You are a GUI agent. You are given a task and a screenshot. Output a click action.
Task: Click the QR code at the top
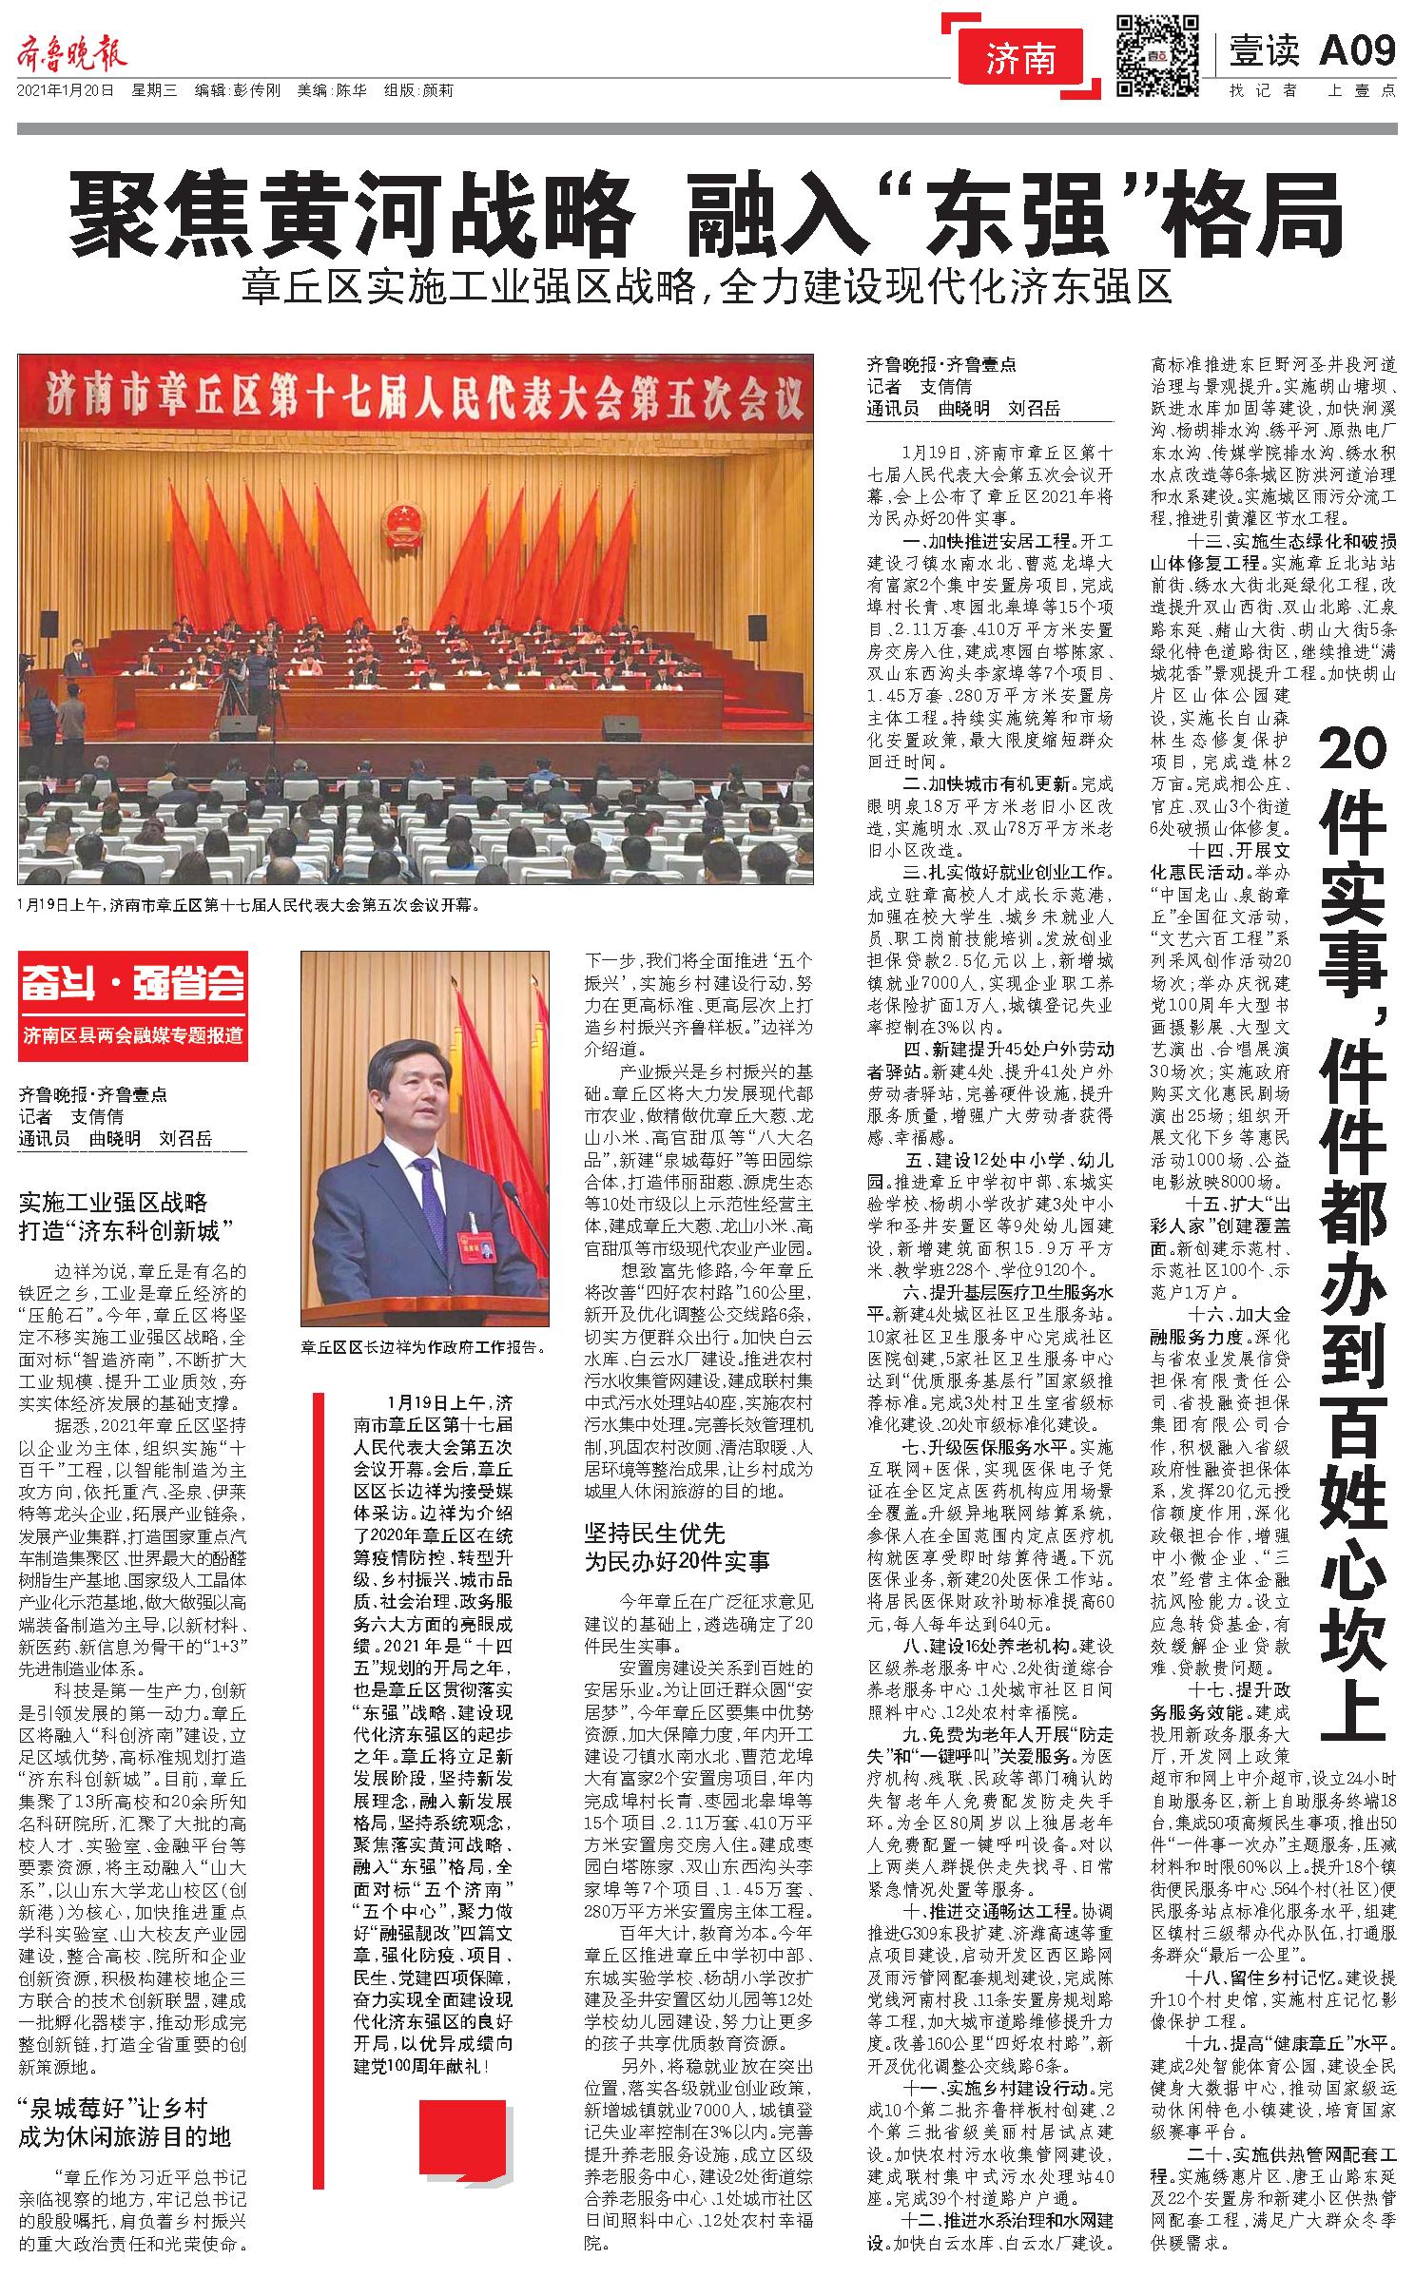[x=1153, y=55]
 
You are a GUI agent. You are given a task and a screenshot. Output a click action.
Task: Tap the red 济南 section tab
[x=1020, y=60]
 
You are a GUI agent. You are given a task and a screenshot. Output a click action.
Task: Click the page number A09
[x=1357, y=50]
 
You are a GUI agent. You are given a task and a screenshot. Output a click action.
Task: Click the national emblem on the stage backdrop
[x=398, y=522]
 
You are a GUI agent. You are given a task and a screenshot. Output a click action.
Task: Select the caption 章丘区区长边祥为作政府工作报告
[x=423, y=1346]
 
